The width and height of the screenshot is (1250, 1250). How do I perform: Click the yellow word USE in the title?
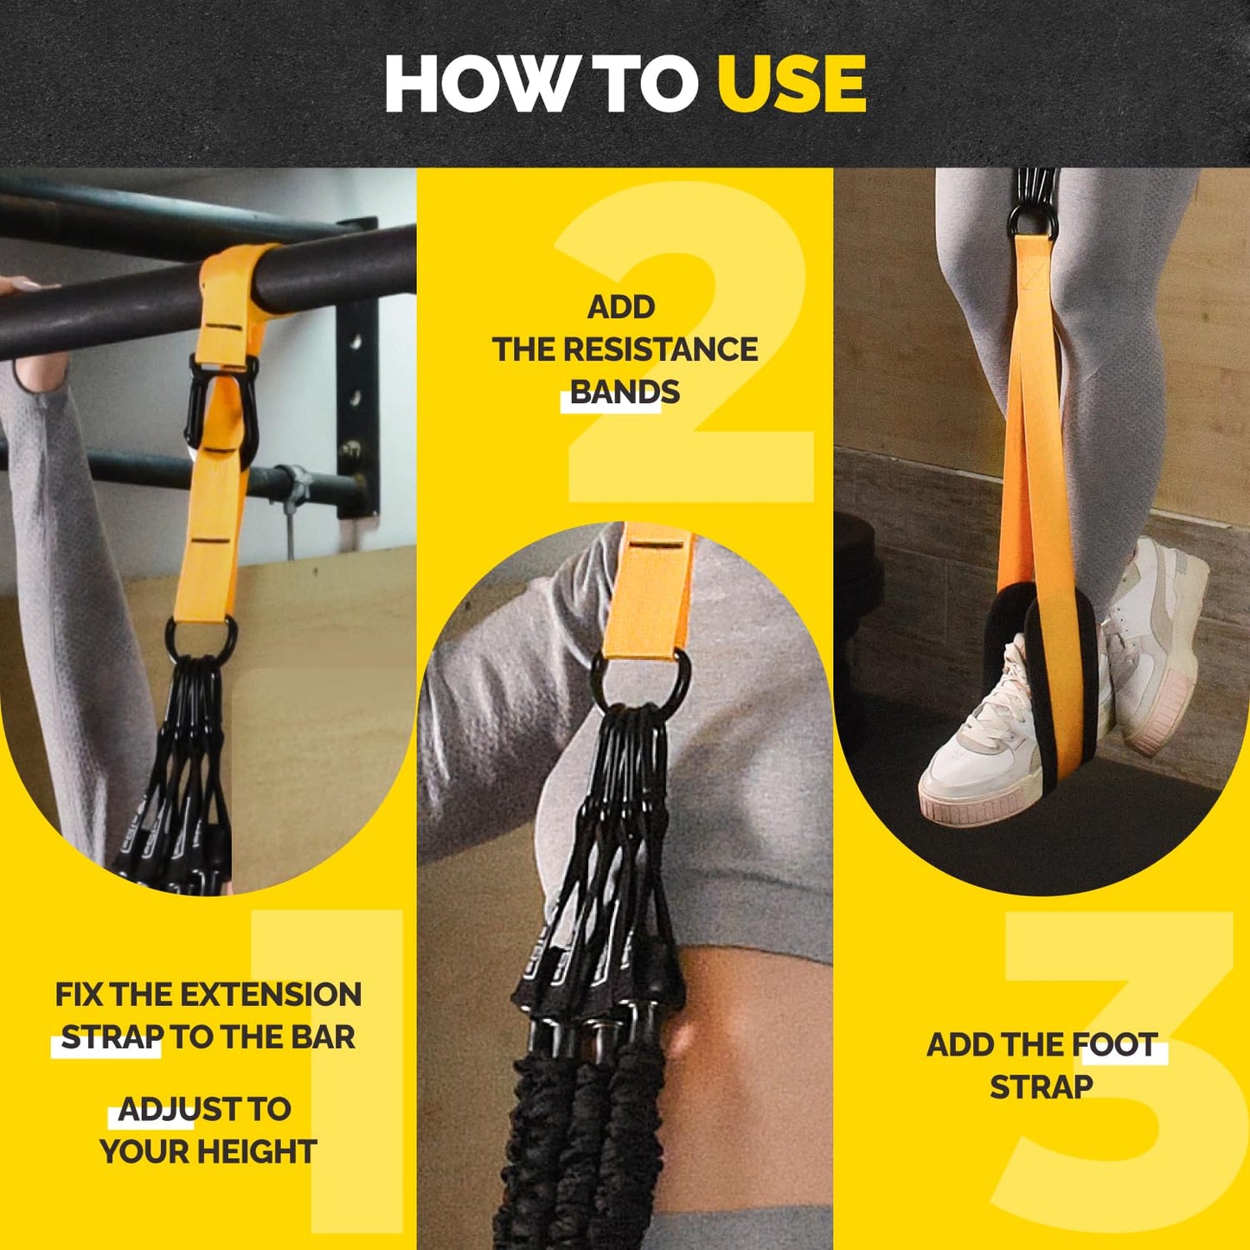click(791, 84)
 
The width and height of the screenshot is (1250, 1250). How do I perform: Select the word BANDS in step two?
click(625, 393)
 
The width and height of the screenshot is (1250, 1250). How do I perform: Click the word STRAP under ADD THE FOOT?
click(1042, 1087)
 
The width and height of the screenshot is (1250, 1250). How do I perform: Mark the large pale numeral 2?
click(692, 346)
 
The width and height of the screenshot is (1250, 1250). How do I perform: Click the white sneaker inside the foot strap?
click(978, 753)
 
